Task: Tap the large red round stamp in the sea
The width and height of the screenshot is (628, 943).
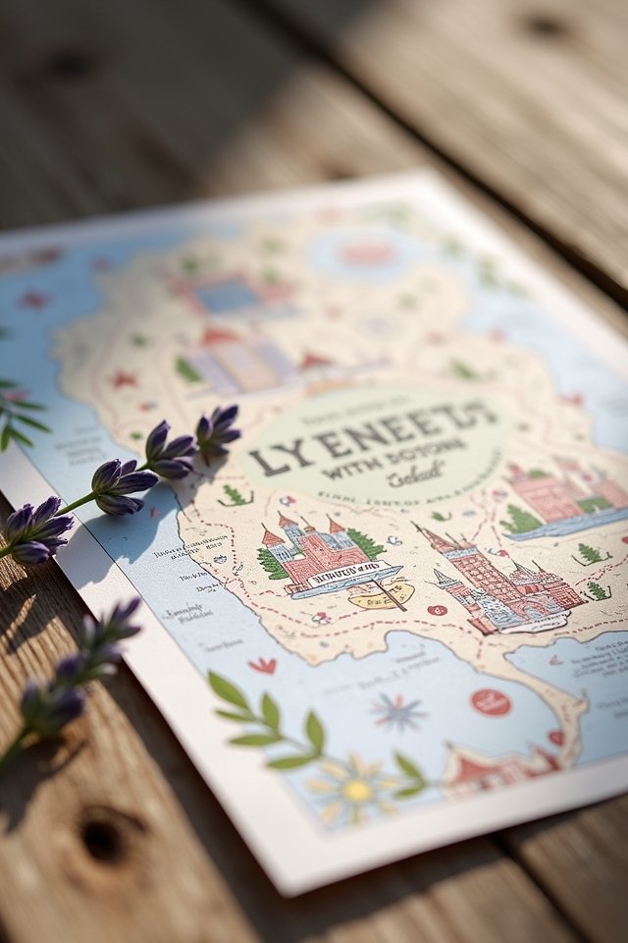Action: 491,701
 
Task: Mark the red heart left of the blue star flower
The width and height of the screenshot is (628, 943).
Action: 262,665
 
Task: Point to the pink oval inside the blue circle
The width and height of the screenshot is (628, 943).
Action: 368,253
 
